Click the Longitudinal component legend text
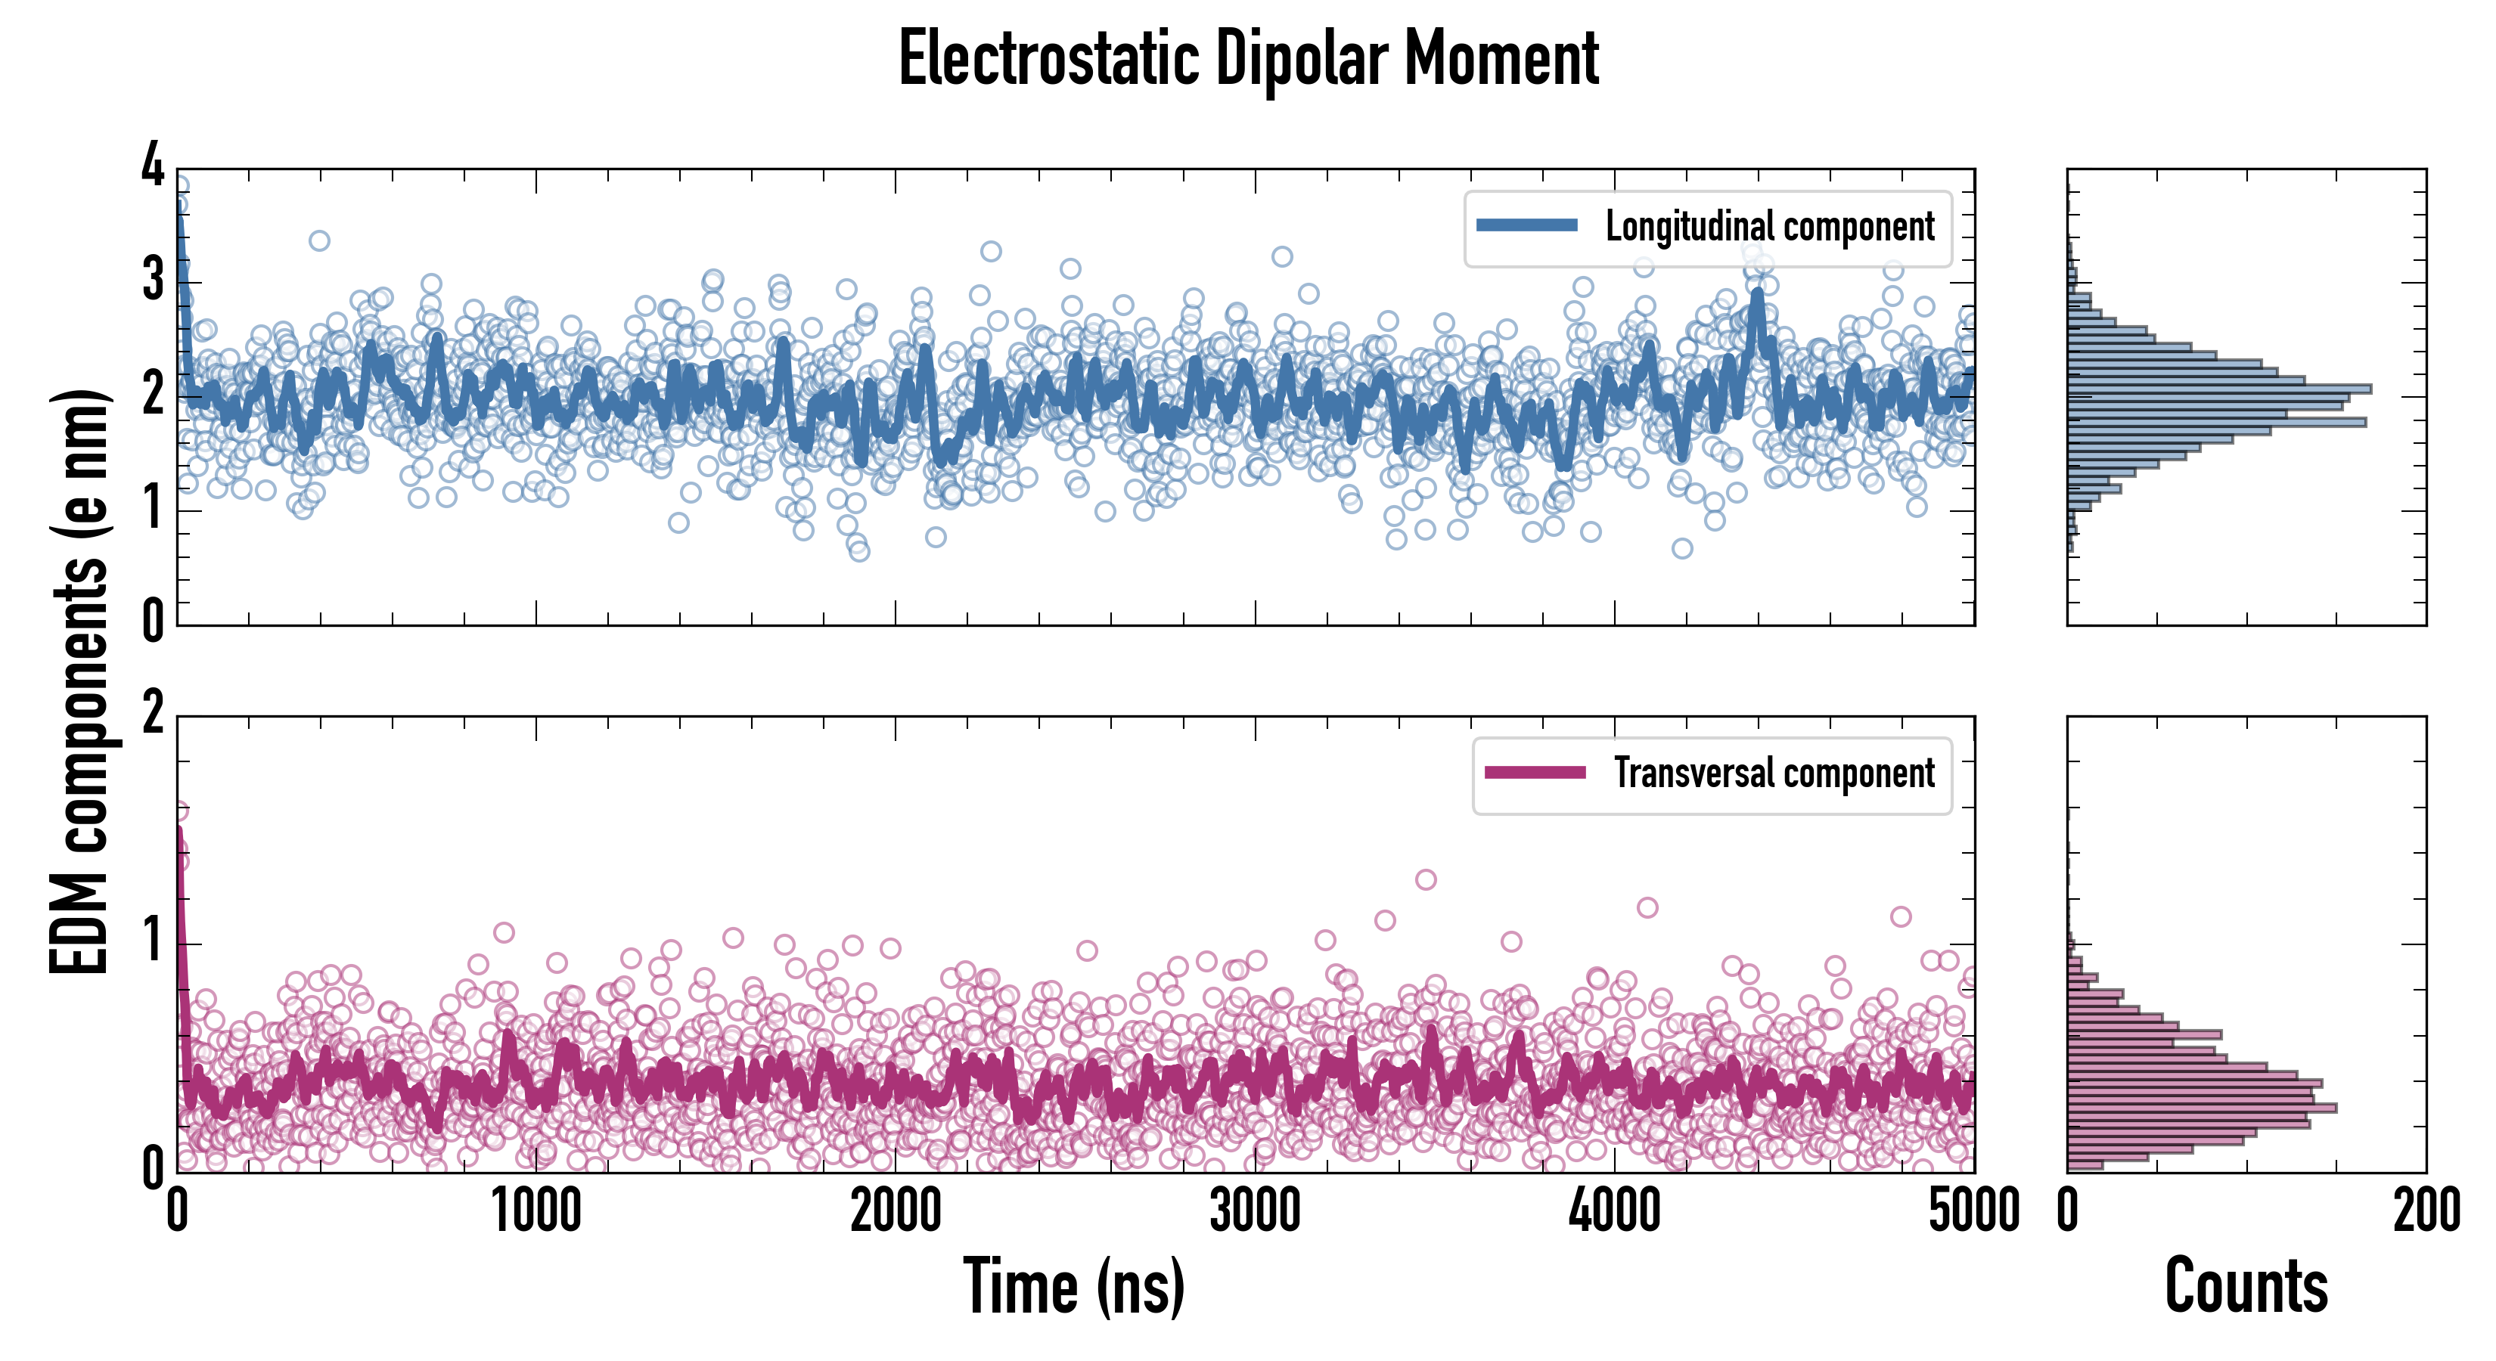tap(1769, 227)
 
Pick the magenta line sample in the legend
tap(1535, 772)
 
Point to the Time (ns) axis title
tap(1073, 1286)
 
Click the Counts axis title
tap(2246, 1286)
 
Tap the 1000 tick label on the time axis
tap(536, 1211)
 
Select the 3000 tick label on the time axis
tap(1255, 1211)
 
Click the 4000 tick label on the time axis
tap(1614, 1211)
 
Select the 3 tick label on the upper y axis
tap(153, 279)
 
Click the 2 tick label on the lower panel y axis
tap(153, 714)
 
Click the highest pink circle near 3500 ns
tap(1425, 879)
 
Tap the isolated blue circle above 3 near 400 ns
tap(318, 240)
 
